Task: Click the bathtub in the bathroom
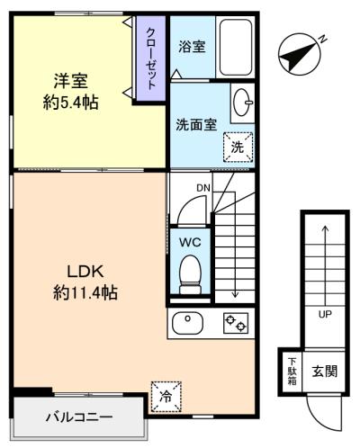pyautogui.click(x=236, y=47)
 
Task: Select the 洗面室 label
pyautogui.click(x=197, y=125)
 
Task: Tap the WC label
pyautogui.click(x=189, y=242)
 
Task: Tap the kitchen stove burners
pyautogui.click(x=236, y=322)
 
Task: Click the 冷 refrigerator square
pyautogui.click(x=166, y=394)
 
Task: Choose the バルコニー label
pyautogui.click(x=79, y=418)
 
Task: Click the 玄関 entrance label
pyautogui.click(x=325, y=372)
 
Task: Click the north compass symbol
pyautogui.click(x=299, y=54)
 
